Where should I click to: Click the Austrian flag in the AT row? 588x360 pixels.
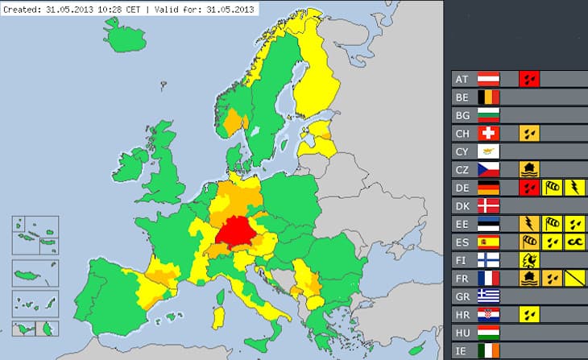click(489, 79)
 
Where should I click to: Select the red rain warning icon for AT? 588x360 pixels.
click(529, 79)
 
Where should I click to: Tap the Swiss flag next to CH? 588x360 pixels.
click(489, 133)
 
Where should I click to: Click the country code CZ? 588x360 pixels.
click(462, 169)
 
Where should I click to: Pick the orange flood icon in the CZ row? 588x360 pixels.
click(529, 169)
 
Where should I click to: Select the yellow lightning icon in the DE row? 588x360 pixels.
click(574, 188)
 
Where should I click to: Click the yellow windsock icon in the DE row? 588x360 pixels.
click(552, 188)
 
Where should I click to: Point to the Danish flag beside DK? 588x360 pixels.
click(489, 205)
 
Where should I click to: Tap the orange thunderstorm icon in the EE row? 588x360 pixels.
click(529, 224)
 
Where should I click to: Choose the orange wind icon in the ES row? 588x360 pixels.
click(529, 242)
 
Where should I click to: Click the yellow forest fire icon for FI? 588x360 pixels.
click(529, 260)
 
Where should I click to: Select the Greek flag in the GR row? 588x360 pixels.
click(489, 296)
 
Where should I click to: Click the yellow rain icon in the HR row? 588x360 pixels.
click(529, 314)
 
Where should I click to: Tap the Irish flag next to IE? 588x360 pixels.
click(489, 350)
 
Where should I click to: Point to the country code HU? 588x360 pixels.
click(462, 332)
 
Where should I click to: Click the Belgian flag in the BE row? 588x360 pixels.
click(489, 97)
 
